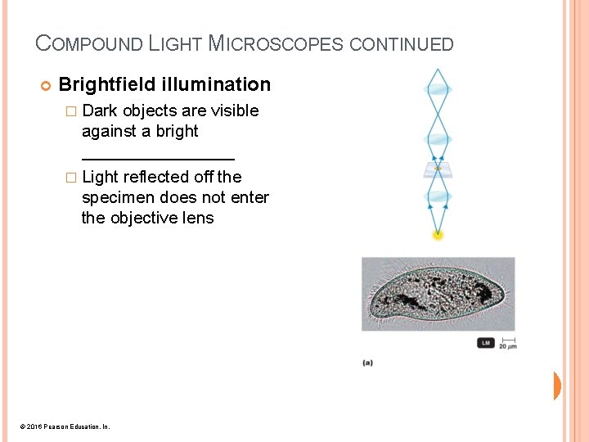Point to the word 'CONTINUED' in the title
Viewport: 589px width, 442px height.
click(401, 44)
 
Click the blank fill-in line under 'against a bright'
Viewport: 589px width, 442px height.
click(158, 157)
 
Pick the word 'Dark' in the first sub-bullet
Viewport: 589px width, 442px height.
click(101, 110)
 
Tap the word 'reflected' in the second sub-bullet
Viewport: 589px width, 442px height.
click(157, 177)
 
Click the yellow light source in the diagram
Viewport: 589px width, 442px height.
click(438, 235)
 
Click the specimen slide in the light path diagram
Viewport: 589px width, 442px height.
click(438, 169)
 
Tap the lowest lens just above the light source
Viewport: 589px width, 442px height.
click(438, 196)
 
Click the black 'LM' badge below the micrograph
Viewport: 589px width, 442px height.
click(486, 343)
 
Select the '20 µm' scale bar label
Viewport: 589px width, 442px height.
click(508, 345)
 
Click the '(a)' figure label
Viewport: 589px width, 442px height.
click(367, 363)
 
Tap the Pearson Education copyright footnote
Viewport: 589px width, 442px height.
click(64, 426)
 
